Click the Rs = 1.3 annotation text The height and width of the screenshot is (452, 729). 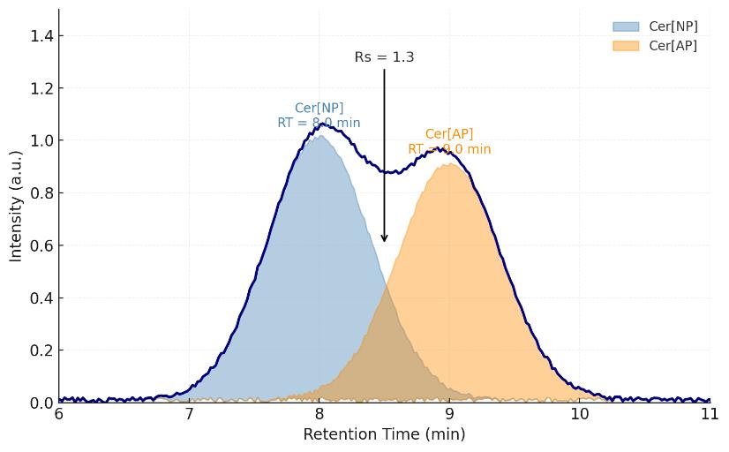(384, 57)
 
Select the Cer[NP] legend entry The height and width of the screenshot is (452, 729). (673, 26)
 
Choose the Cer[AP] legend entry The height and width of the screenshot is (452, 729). (673, 46)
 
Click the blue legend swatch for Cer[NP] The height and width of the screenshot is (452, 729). (626, 26)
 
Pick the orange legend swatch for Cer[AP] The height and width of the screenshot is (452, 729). (626, 46)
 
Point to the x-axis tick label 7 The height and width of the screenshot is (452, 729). (189, 414)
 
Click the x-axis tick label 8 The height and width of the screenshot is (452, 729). (319, 414)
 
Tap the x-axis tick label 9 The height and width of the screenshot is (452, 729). (449, 414)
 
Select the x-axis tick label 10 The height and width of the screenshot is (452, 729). (579, 414)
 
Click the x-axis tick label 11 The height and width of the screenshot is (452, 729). (709, 414)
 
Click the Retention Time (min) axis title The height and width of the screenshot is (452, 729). (384, 434)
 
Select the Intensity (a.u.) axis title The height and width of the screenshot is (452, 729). (16, 206)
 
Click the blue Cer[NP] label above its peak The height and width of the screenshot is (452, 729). (319, 109)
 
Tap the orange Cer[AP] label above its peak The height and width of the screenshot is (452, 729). (449, 134)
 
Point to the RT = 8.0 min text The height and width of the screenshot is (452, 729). (319, 123)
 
